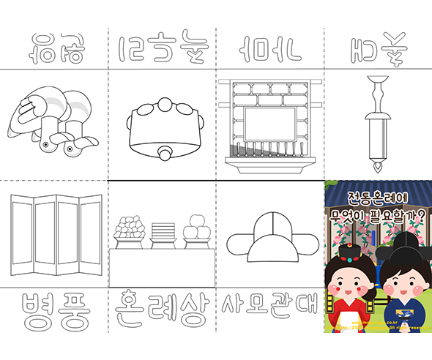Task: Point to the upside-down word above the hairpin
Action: click(x=377, y=48)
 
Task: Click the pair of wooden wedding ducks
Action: click(x=53, y=121)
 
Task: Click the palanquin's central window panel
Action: click(x=269, y=124)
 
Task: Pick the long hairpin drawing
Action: click(x=378, y=121)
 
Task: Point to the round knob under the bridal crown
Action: click(x=166, y=154)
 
